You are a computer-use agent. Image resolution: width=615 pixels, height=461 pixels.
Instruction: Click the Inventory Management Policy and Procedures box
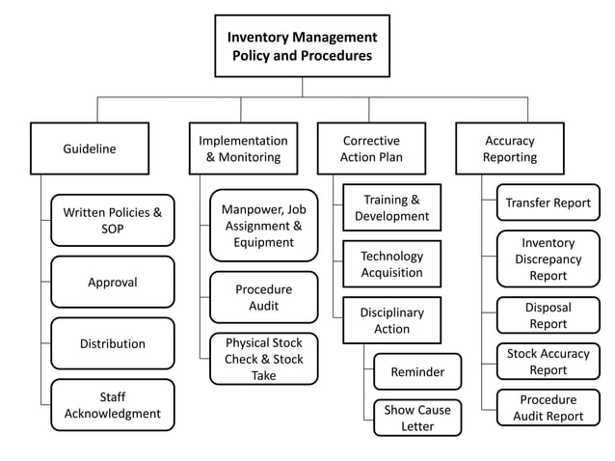pos(302,46)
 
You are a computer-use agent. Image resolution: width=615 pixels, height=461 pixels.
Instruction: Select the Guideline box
pos(90,149)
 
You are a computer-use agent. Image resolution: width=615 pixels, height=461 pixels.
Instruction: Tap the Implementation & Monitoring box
pos(243,149)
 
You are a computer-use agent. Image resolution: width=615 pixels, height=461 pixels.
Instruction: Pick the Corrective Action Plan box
pos(371,149)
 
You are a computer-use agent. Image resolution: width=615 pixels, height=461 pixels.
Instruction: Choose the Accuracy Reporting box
pos(510,149)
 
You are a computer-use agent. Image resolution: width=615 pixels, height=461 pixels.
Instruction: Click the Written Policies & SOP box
pos(113,220)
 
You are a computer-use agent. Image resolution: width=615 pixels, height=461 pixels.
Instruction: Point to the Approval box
pos(113,283)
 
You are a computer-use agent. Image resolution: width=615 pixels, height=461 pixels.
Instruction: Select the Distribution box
pos(113,343)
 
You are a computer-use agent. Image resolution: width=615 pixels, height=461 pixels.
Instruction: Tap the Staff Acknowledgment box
pos(113,405)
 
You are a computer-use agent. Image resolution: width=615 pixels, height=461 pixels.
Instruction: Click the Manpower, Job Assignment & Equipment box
pos(263,226)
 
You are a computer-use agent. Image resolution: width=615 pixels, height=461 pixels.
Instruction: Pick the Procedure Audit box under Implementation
pos(263,297)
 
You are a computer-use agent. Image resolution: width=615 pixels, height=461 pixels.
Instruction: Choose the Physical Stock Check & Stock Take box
pos(263,359)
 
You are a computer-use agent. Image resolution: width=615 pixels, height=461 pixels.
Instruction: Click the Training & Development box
pos(391,207)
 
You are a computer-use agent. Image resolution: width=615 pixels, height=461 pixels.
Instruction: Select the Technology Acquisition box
pos(391,264)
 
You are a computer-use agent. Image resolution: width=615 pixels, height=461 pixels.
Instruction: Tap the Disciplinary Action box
pos(391,320)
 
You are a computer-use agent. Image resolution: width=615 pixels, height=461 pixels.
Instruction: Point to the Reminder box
pos(417,371)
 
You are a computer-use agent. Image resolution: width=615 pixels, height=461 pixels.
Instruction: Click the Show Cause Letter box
pos(417,418)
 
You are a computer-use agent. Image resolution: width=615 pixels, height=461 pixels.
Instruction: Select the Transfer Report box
pos(548,203)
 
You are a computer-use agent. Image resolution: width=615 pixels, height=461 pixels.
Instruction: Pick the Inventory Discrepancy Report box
pos(548,258)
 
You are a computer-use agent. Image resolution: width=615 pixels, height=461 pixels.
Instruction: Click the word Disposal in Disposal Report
pos(548,308)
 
